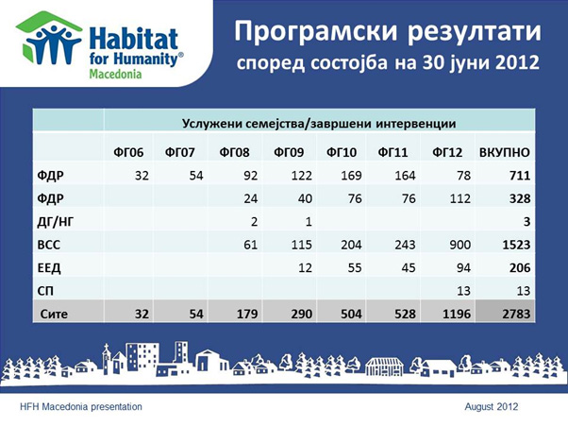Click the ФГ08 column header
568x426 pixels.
click(234, 152)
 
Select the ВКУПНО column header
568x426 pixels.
click(505, 152)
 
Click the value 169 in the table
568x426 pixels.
click(351, 176)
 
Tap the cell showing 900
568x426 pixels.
click(460, 245)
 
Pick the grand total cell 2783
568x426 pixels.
click(516, 314)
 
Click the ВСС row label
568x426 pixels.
click(49, 245)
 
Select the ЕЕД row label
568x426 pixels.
click(49, 268)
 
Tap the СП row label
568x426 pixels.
click(45, 291)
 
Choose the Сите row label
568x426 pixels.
click(54, 314)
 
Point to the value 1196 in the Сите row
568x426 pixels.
click(457, 314)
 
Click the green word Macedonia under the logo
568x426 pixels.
click(115, 74)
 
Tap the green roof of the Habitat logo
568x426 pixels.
click(49, 23)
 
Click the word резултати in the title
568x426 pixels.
click(475, 31)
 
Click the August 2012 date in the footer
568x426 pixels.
click(492, 407)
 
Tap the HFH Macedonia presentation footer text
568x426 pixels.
click(81, 407)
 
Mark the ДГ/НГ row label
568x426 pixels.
click(55, 222)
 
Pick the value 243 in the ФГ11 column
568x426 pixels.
click(405, 245)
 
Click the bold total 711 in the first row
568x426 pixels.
click(520, 176)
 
